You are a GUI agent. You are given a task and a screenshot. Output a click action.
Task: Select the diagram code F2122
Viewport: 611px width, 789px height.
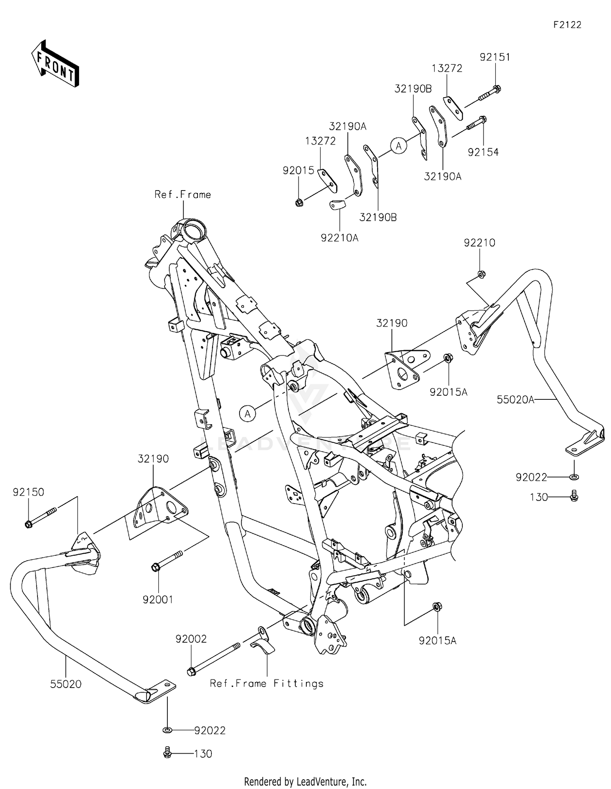[x=567, y=25]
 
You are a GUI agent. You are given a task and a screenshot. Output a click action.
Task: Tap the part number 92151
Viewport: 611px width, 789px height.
[x=495, y=57]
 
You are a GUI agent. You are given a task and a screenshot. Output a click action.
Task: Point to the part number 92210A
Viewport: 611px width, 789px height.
[x=339, y=238]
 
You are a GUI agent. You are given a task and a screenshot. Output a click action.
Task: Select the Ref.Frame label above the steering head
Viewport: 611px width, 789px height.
[x=182, y=195]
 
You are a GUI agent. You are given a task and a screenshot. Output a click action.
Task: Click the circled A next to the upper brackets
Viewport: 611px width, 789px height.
[x=398, y=145]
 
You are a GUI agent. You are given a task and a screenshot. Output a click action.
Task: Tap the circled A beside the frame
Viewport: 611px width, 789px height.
[x=247, y=414]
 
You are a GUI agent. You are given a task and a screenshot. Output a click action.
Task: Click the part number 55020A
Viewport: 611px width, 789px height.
[x=515, y=400]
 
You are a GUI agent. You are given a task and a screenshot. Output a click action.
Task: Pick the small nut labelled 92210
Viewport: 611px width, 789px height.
[x=481, y=274]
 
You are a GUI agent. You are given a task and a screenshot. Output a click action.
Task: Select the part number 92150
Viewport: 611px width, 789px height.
[x=28, y=492]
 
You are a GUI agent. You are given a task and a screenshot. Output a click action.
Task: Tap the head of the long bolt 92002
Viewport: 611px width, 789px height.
[x=191, y=671]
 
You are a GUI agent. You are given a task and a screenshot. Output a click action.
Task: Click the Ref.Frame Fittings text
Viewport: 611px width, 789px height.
[x=266, y=684]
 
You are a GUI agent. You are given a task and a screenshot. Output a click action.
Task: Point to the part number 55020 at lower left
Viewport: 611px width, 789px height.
[x=66, y=684]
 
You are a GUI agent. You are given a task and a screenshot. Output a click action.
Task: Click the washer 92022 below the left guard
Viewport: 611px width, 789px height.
[x=167, y=730]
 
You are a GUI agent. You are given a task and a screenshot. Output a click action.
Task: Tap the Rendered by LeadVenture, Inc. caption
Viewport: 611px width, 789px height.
[x=305, y=781]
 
